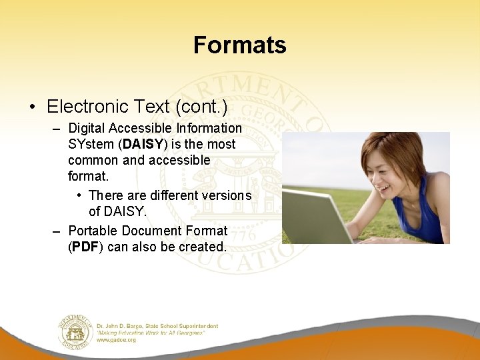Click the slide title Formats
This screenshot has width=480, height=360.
pos(239,45)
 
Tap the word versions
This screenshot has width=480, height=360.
pos(227,195)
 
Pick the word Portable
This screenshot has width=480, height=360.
pos(93,231)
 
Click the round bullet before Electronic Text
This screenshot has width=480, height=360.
pos(32,107)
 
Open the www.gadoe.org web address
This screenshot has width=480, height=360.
pos(116,339)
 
